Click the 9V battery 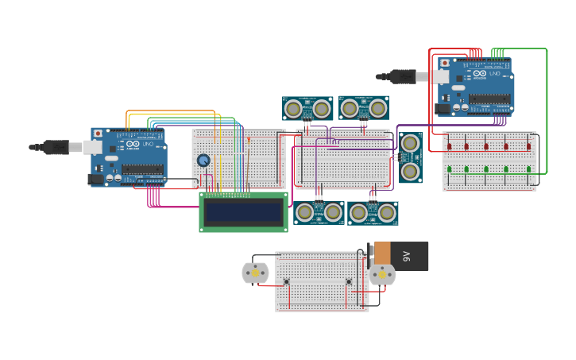tap(401, 256)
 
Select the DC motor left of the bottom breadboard tap(255, 273)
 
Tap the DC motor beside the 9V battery tap(382, 274)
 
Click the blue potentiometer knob tap(203, 161)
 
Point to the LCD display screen tap(243, 212)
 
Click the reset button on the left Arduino tap(99, 134)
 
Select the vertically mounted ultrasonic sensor tap(410, 157)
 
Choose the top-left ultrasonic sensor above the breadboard tap(307, 108)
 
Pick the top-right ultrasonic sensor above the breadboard tap(364, 107)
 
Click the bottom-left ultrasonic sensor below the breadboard tap(319, 212)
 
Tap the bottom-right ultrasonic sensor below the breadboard tap(373, 212)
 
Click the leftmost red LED tap(449, 146)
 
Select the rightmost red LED tap(528, 146)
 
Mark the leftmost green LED tap(449, 168)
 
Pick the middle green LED tap(486, 168)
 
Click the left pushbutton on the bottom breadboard tap(286, 281)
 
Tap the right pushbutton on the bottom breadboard tap(348, 281)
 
